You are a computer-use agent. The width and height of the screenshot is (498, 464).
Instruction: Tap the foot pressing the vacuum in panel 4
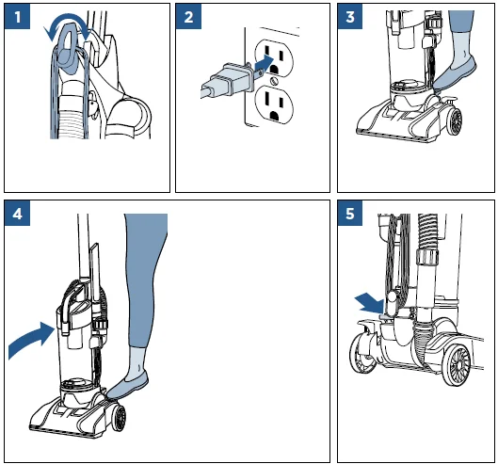(128, 386)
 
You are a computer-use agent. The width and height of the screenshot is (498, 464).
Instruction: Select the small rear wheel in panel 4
(118, 417)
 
